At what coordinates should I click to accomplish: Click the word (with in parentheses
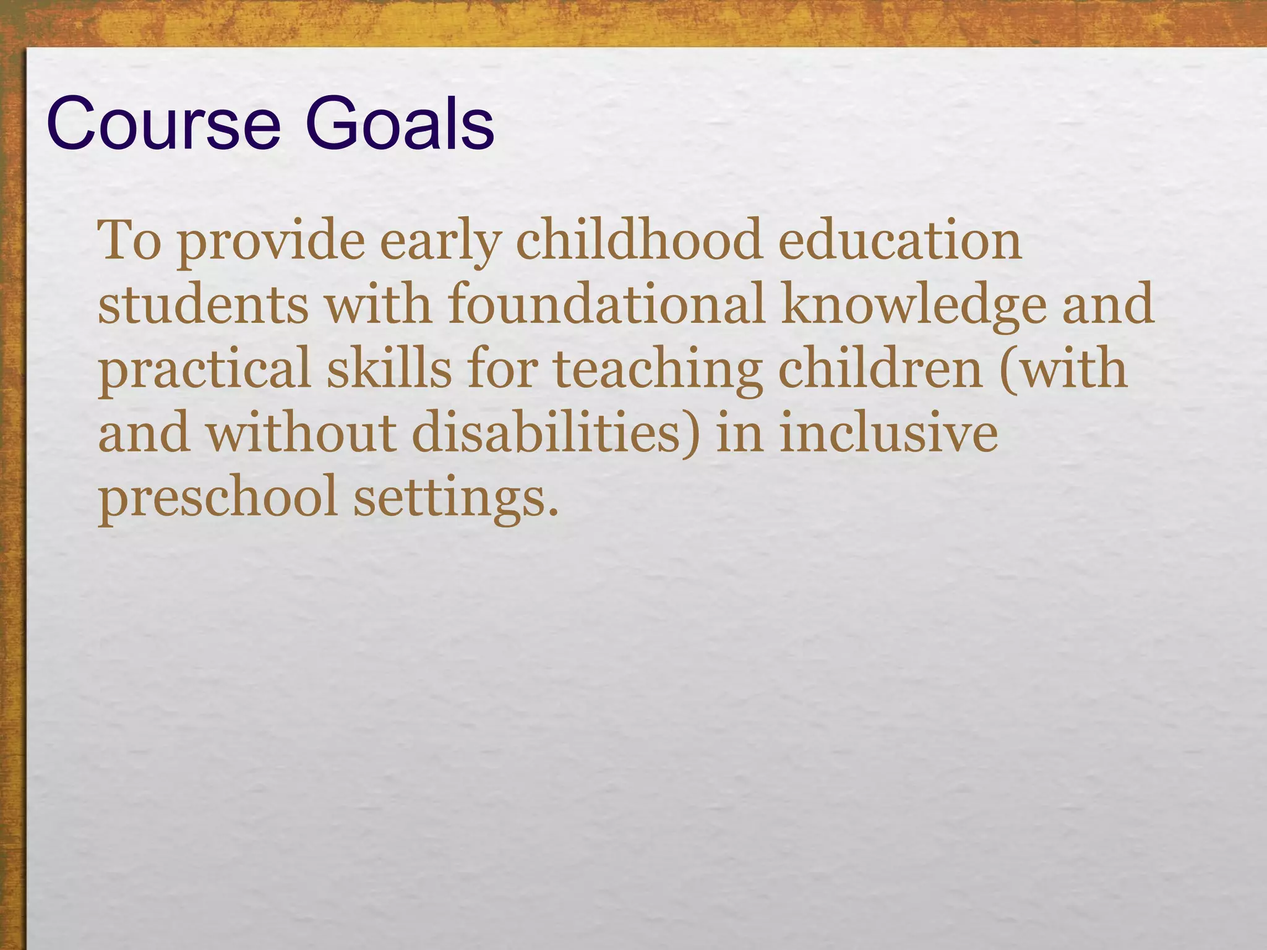point(1064,369)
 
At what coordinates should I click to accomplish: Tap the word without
point(301,432)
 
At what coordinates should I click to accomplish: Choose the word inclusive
point(888,432)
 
